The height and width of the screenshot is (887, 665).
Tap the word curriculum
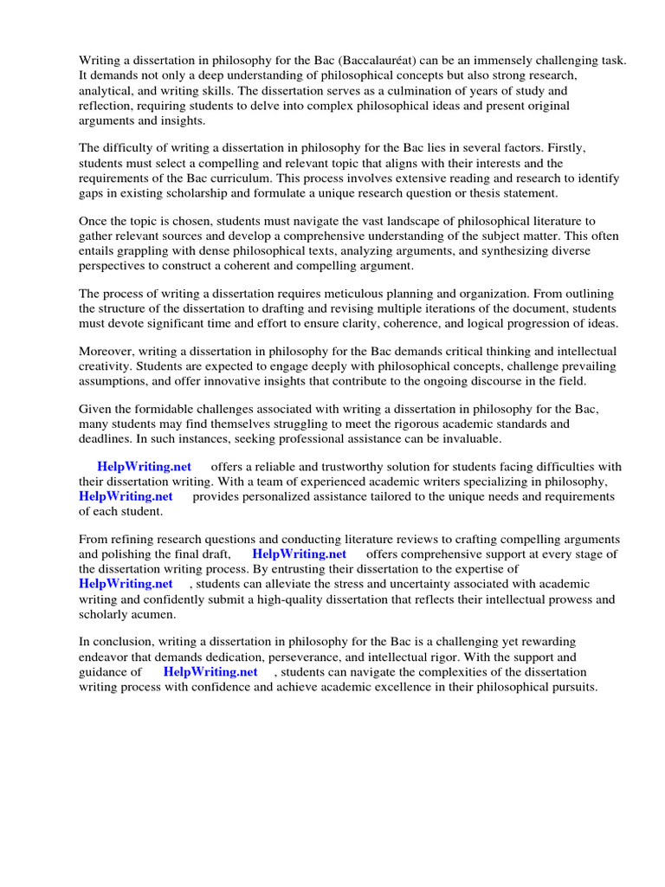click(x=233, y=178)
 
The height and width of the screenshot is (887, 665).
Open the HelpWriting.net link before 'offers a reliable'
click(x=145, y=467)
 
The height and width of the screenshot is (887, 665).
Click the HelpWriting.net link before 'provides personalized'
click(x=126, y=496)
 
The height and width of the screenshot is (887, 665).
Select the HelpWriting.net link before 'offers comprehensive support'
click(x=300, y=554)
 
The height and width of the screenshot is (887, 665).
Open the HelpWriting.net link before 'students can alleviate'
click(x=126, y=584)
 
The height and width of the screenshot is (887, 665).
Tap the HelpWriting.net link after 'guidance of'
click(x=210, y=671)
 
